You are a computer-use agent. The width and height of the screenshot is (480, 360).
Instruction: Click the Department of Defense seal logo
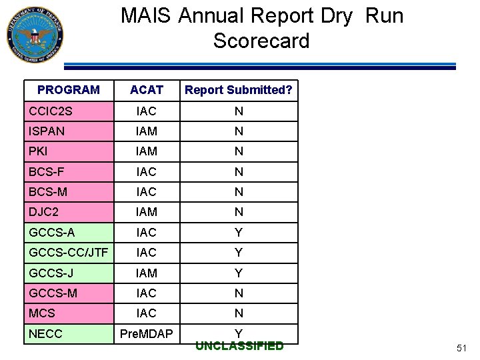point(35,35)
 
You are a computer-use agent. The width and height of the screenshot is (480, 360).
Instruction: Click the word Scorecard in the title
point(261,41)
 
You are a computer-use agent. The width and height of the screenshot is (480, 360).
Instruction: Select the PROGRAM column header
point(69,89)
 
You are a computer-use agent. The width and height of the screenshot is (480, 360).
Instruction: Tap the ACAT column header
point(147,90)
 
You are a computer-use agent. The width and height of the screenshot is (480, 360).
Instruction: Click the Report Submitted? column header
point(239,90)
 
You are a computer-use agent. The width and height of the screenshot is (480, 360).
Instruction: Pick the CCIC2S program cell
point(51,111)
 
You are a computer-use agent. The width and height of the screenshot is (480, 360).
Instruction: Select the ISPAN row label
point(47,131)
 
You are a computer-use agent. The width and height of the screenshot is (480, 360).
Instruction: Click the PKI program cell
point(39,151)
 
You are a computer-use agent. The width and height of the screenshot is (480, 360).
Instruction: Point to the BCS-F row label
point(47,172)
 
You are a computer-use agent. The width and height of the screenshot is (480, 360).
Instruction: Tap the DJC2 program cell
point(44,212)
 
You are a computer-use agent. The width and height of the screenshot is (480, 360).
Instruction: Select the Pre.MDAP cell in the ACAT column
point(147,333)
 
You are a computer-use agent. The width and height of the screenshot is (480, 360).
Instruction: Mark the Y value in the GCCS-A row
point(239,233)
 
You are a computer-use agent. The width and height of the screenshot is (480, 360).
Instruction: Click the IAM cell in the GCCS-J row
point(147,273)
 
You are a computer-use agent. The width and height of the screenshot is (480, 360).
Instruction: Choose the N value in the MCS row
point(239,313)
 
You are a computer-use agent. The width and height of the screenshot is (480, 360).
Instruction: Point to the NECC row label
point(45,333)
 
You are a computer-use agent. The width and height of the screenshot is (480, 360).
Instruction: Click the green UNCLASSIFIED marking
point(239,346)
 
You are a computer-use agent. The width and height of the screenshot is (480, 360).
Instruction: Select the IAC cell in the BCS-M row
point(147,192)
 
